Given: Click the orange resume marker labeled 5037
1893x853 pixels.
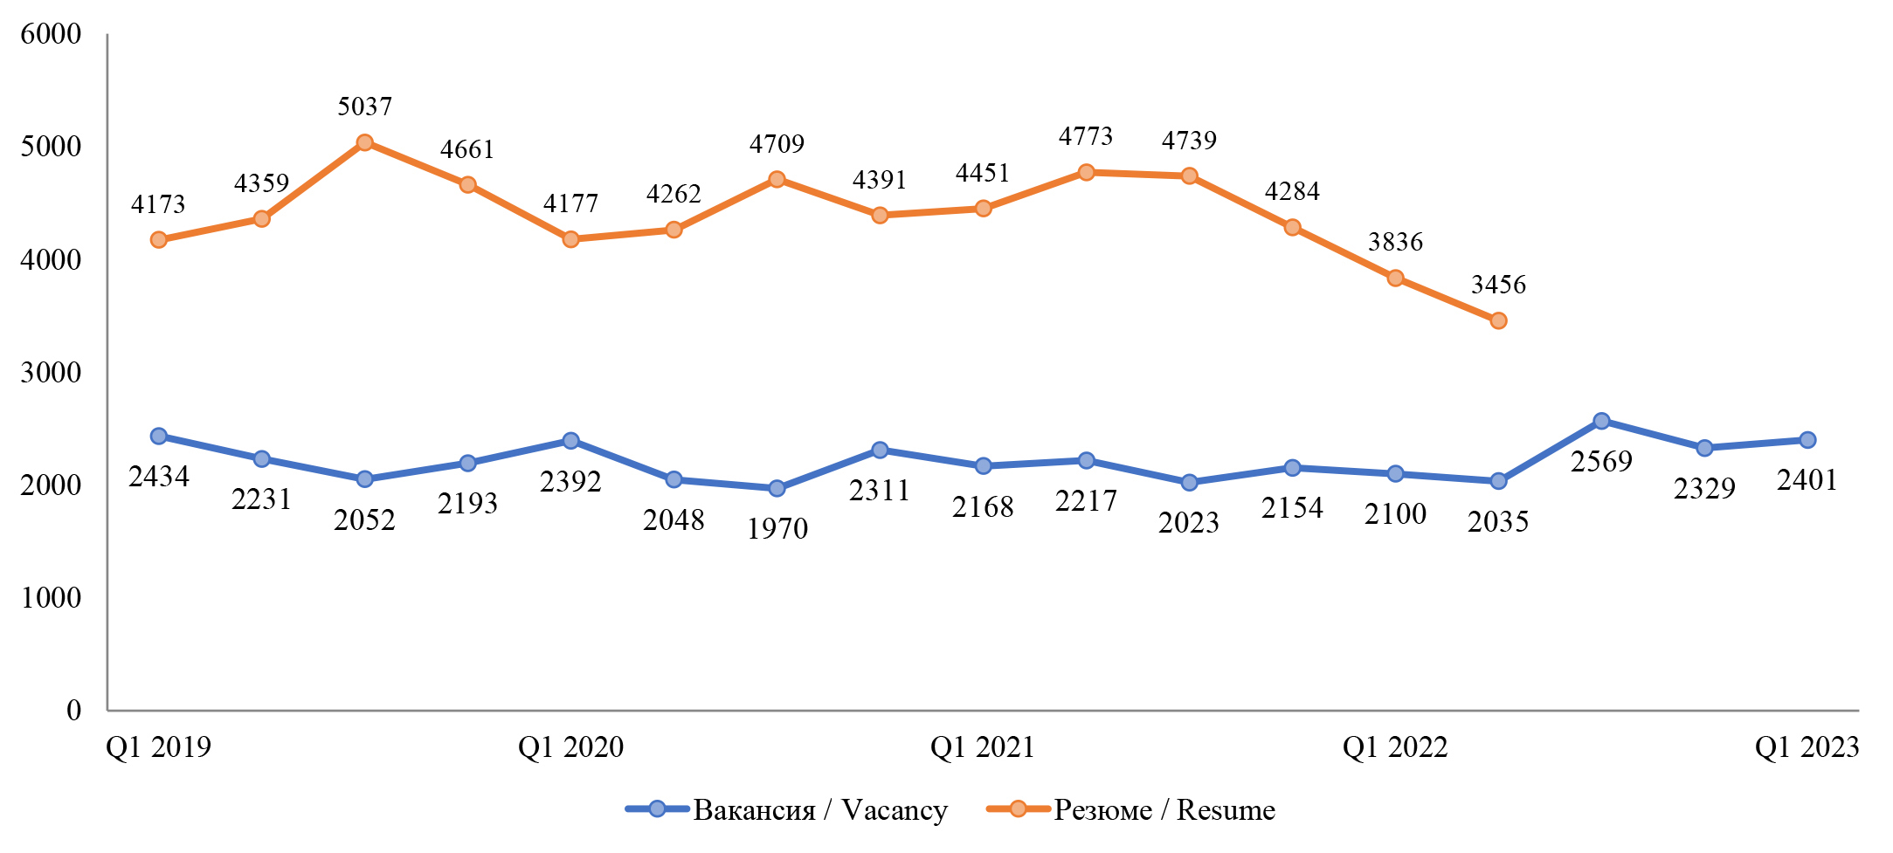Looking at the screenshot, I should pos(365,142).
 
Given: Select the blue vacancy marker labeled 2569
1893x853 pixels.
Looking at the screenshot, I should pos(1601,421).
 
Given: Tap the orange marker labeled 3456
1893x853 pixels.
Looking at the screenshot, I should pos(1498,320).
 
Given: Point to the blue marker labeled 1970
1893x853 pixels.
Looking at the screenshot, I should pos(777,488).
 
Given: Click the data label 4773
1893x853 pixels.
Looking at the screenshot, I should pos(1086,136).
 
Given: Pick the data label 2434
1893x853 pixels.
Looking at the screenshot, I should pos(159,477).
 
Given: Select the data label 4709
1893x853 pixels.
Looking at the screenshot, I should pos(777,144).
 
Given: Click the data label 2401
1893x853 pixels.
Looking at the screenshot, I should pos(1807,480).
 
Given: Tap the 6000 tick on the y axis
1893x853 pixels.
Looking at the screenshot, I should pos(51,34).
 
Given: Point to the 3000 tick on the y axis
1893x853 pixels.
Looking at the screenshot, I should pos(51,372).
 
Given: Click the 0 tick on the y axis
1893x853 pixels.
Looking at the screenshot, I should pos(73,710).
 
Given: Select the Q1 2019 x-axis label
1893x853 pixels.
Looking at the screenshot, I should pos(159,747).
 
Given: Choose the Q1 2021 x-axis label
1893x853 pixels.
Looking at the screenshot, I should pos(983,747).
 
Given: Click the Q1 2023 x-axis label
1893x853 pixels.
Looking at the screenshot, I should pos(1807,747).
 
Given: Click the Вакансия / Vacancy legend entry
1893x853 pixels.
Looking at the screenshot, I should pos(786,810).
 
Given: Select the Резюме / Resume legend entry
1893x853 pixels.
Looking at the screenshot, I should pos(1131,810).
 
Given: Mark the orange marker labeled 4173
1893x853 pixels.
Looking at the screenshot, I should pos(159,239).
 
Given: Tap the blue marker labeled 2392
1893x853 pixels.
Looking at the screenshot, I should pos(570,441).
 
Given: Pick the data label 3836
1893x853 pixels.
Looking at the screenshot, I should pos(1395,242).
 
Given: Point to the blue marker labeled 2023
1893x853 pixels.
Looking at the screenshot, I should pos(1189,482).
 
